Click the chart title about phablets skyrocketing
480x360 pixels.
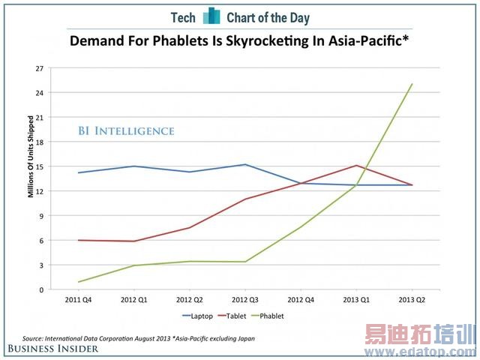(239, 40)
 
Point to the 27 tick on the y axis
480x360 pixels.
(39, 68)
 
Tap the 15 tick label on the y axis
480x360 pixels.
(39, 166)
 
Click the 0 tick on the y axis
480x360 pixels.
(41, 289)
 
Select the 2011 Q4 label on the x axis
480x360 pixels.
(78, 299)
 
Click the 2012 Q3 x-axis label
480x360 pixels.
(245, 299)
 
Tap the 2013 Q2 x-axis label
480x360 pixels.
(412, 299)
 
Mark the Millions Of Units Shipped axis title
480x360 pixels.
(31, 157)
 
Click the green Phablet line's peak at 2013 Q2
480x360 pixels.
(412, 84)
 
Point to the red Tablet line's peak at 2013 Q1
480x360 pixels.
(356, 165)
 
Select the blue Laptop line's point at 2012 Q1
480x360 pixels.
(133, 166)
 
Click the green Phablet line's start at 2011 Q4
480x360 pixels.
(78, 282)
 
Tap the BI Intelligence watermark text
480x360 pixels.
(126, 131)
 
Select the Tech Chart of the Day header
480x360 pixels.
(239, 16)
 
